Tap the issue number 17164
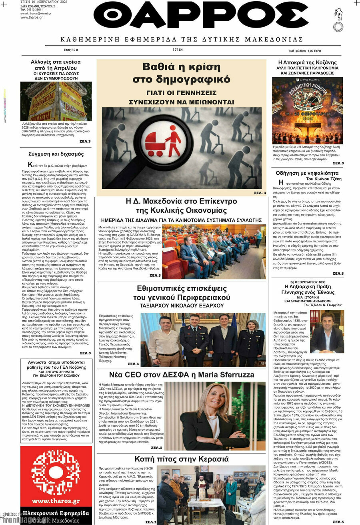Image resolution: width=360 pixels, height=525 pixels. pyautogui.click(x=178, y=50)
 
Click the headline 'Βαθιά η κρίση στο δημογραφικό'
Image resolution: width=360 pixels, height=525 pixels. pyautogui.click(x=182, y=73)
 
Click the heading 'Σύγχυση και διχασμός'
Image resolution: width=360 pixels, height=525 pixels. pyautogui.click(x=56, y=154)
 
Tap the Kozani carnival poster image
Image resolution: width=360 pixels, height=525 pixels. pyautogui.click(x=307, y=110)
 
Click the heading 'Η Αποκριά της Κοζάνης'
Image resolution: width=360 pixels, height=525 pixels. pyautogui.click(x=307, y=62)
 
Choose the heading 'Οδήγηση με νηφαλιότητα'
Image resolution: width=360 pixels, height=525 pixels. pyautogui.click(x=307, y=173)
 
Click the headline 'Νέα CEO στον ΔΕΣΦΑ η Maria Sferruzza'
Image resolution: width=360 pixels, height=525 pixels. pyautogui.click(x=182, y=375)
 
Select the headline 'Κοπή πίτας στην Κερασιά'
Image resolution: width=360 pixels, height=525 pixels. pyautogui.click(x=182, y=459)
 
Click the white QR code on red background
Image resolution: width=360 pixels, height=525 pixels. pyautogui.click(x=56, y=471)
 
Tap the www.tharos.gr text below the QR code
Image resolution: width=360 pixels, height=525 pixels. pyautogui.click(x=56, y=501)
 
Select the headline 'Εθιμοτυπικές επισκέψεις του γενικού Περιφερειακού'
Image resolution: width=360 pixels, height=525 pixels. pyautogui.click(x=182, y=293)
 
